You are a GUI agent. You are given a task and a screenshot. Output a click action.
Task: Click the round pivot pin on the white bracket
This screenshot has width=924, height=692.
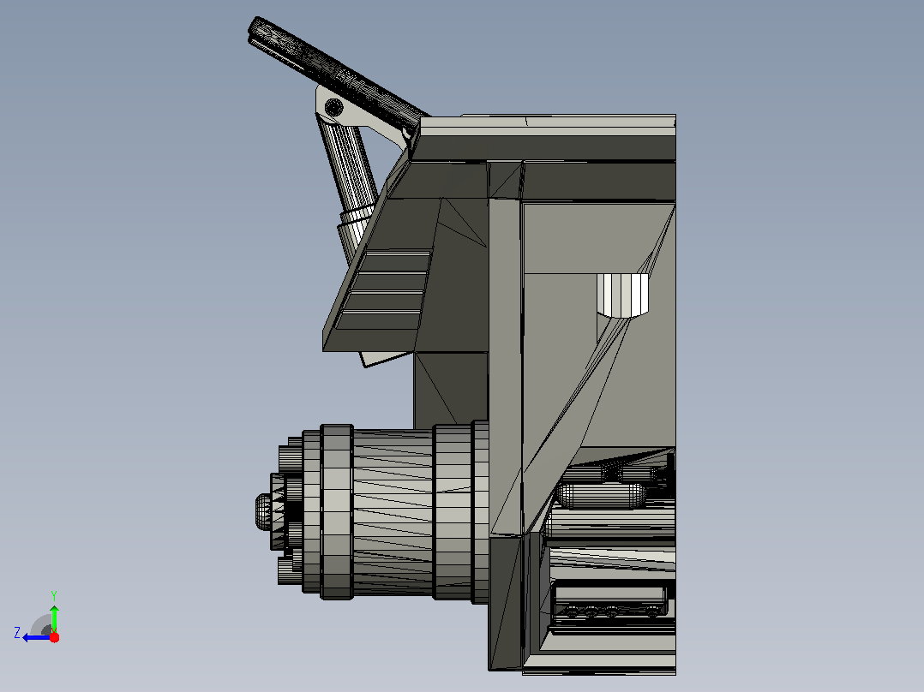[x=334, y=108]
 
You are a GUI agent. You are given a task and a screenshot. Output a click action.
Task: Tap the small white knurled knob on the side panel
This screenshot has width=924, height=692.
[x=622, y=295]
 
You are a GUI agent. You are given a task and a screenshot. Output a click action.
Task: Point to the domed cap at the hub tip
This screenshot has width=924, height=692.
[x=263, y=511]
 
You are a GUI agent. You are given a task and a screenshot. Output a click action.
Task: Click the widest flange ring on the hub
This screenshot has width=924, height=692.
[x=337, y=512]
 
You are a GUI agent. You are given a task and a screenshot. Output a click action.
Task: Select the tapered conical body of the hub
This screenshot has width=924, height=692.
[x=393, y=511]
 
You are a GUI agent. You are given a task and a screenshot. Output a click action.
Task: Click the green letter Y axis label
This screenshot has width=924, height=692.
[x=54, y=595]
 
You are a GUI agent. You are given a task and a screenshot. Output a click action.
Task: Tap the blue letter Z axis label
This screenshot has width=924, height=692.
[x=17, y=633]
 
